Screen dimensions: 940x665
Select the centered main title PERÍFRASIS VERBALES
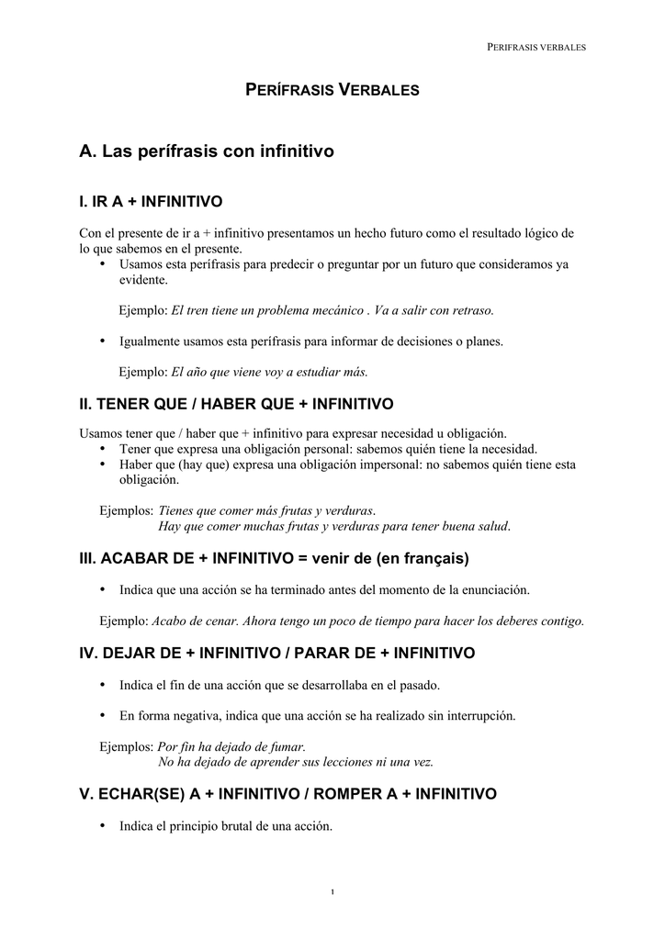(332, 90)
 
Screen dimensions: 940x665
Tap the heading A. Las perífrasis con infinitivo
(207, 151)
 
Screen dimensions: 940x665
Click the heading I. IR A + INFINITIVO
(152, 201)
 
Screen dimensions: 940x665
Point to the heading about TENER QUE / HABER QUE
(237, 404)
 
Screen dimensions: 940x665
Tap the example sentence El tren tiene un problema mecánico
(266, 310)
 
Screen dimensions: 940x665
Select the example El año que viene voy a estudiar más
(269, 372)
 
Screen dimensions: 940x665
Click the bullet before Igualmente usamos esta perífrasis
(103, 341)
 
